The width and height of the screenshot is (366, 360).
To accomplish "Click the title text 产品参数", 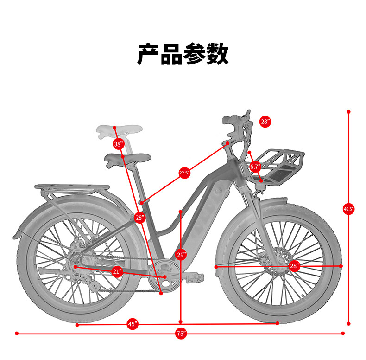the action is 183,55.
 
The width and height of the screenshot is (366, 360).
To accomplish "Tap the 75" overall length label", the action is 181,333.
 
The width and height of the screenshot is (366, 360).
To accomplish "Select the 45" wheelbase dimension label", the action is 133,324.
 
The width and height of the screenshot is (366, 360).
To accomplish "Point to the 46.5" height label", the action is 348,209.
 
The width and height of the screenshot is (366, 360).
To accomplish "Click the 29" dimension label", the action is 181,255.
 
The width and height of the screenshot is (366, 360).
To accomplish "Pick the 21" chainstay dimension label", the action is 117,271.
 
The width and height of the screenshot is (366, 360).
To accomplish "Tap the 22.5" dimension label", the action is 184,173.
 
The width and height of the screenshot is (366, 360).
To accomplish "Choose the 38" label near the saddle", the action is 119,144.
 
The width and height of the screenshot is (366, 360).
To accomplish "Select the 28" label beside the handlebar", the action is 265,122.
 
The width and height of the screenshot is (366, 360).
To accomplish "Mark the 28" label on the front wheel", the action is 294,266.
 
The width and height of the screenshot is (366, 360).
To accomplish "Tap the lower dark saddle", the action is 128,159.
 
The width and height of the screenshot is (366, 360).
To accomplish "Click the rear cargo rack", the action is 72,188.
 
